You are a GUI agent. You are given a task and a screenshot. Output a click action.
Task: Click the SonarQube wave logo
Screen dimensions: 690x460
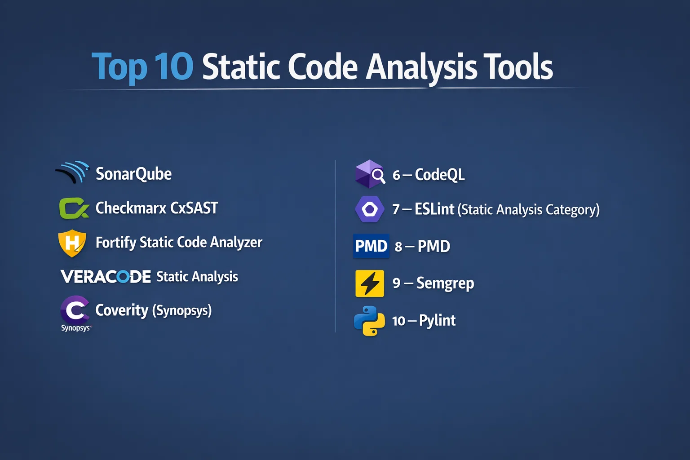click(x=73, y=172)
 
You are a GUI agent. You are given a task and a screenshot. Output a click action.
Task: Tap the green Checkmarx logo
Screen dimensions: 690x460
click(x=74, y=208)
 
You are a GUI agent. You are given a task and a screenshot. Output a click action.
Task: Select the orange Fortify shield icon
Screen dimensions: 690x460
click(x=72, y=243)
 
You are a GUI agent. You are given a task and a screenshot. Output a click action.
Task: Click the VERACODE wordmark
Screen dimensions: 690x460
click(x=106, y=276)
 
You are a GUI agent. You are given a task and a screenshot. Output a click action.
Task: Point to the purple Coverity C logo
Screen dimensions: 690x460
click(x=75, y=310)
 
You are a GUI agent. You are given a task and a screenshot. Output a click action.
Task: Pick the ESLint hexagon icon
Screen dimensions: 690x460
click(x=370, y=209)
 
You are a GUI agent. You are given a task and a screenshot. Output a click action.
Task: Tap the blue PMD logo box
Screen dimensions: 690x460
click(x=371, y=246)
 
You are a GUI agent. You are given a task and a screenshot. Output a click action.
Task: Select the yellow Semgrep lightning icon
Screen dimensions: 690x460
click(x=370, y=283)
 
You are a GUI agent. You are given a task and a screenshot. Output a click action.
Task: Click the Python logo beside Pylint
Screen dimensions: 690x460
click(x=369, y=321)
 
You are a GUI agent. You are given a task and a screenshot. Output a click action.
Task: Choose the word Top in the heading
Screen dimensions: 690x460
click(x=119, y=67)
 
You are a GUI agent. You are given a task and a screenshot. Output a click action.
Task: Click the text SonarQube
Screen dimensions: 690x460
click(x=134, y=174)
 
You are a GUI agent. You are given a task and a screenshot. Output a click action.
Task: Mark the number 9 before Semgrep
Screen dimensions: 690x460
click(x=397, y=283)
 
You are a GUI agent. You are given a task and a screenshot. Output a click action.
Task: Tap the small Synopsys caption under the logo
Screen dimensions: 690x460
click(x=76, y=328)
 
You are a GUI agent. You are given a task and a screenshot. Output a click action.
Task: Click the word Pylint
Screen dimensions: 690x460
click(x=437, y=321)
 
